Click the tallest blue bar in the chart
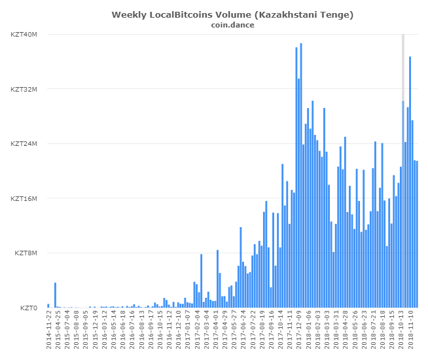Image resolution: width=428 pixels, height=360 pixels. coord(301,175)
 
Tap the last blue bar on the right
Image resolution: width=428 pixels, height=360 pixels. coord(417,234)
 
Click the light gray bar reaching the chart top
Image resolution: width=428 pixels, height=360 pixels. coord(403,65)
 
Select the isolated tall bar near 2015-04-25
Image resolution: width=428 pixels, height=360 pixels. coord(55,295)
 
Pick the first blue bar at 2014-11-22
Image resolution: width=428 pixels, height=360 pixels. coord(48,306)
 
